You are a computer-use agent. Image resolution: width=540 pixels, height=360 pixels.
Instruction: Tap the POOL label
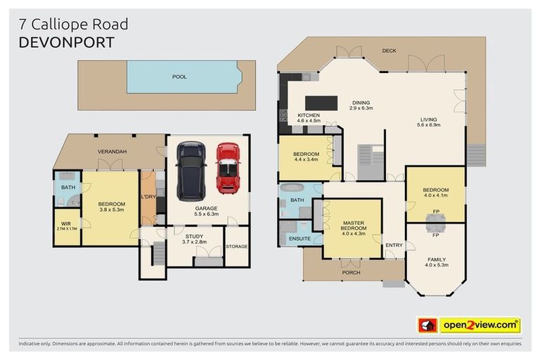(179, 77)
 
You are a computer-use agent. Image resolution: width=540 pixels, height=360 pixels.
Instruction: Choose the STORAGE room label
(237, 246)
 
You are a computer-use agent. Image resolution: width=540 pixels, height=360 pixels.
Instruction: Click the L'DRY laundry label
(148, 197)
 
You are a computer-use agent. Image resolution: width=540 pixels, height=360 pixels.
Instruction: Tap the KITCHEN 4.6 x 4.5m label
(309, 118)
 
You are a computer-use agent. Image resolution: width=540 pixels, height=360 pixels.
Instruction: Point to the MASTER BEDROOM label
(352, 229)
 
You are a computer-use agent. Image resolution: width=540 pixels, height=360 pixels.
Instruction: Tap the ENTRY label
(394, 245)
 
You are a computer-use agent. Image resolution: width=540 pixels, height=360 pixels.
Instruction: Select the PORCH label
(350, 271)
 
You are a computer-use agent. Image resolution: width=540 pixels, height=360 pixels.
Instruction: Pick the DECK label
(389, 51)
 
